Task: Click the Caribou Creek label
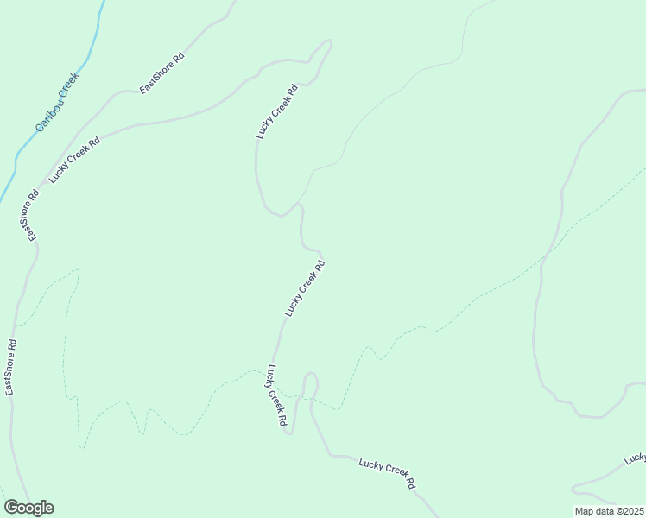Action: (58, 102)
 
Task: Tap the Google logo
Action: (28, 508)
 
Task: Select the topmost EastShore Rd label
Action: (161, 74)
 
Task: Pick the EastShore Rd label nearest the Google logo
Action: (11, 367)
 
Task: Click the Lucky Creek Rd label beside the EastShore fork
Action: (75, 159)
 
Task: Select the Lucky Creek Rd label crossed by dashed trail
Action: (276, 397)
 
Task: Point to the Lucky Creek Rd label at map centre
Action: (305, 288)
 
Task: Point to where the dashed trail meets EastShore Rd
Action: (15, 326)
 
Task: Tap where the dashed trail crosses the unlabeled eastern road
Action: (543, 256)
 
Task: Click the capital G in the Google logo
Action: (12, 508)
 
